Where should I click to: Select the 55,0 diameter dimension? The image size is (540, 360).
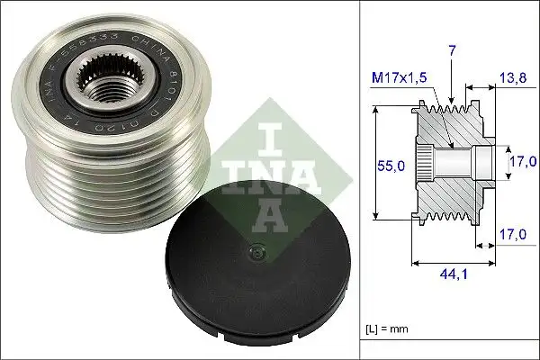click(x=391, y=164)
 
